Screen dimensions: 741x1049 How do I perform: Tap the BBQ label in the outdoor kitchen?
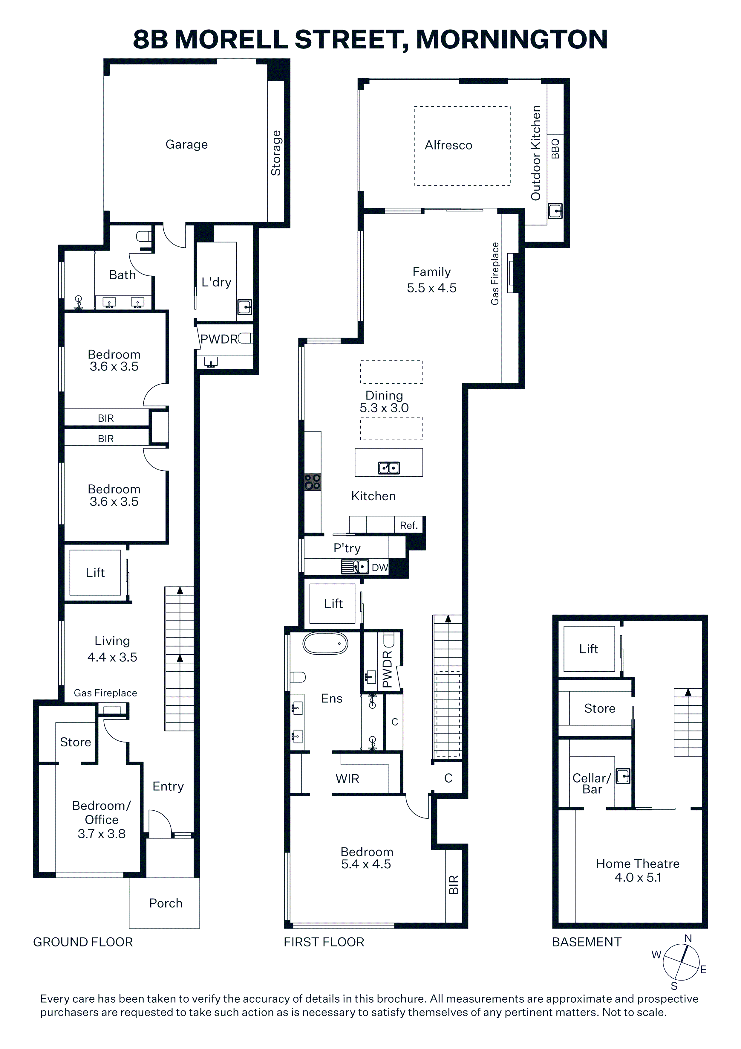tap(555, 149)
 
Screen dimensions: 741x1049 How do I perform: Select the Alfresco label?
tap(448, 145)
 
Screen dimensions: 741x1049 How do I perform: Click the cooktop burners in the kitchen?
tap(313, 481)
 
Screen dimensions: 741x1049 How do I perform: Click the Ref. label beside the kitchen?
tap(409, 525)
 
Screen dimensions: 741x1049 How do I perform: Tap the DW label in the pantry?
tap(380, 568)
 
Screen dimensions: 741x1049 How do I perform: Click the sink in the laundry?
tap(245, 307)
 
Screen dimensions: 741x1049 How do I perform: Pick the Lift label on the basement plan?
tap(589, 649)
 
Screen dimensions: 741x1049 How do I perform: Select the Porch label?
tap(166, 903)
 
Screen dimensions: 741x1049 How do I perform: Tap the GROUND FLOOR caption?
tap(83, 942)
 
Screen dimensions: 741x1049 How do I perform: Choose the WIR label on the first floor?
tap(347, 778)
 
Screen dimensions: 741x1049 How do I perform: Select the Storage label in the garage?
tap(276, 153)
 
